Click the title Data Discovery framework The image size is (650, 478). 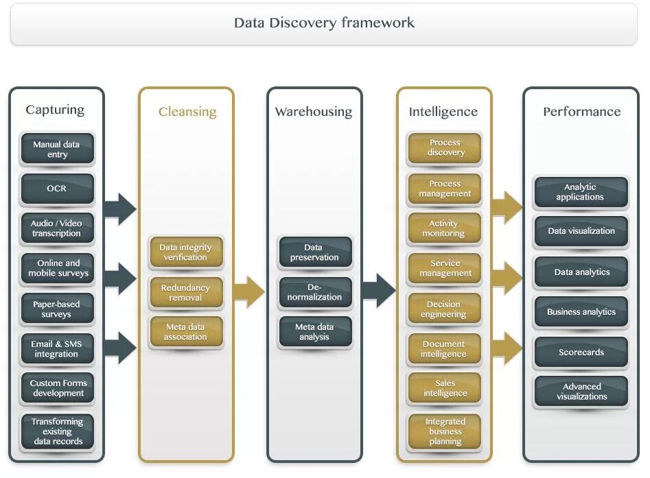(x=324, y=23)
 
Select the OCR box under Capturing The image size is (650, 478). (x=57, y=189)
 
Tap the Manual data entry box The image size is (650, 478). (x=57, y=150)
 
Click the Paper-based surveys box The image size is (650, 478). (x=57, y=309)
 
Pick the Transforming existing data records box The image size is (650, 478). (x=57, y=431)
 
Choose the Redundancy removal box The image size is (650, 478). (x=186, y=293)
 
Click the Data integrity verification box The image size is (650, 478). (x=186, y=252)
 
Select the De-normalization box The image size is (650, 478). (x=315, y=292)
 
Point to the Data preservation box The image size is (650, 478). (x=315, y=252)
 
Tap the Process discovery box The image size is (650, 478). (x=445, y=147)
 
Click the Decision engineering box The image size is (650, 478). (x=445, y=309)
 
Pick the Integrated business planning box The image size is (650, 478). (x=445, y=431)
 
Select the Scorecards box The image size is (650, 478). (x=581, y=352)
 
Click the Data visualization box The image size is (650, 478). (x=581, y=231)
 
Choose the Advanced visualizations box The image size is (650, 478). (x=581, y=392)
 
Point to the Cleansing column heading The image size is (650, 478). (x=187, y=112)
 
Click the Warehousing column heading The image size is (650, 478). (x=314, y=112)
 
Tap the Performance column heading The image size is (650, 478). (x=581, y=112)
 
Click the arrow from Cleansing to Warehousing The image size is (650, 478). (x=249, y=293)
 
